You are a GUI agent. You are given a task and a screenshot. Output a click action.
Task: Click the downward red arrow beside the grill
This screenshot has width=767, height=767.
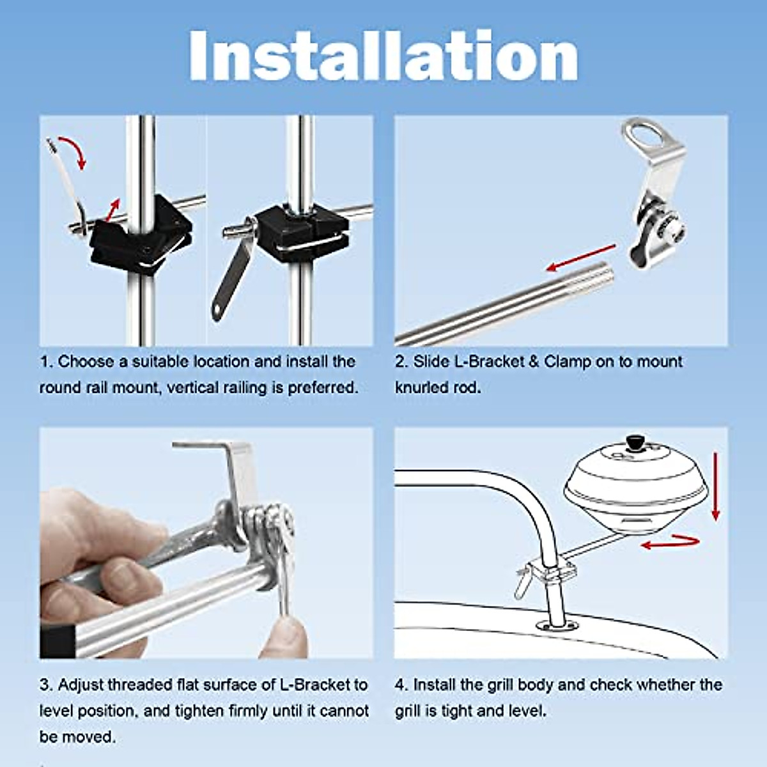coord(716,486)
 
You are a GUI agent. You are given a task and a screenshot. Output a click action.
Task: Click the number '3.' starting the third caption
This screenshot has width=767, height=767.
coord(46,685)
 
